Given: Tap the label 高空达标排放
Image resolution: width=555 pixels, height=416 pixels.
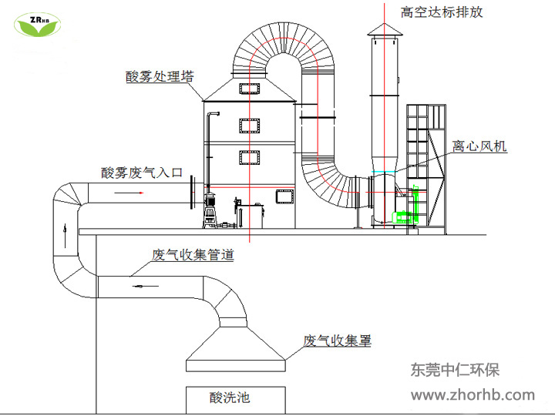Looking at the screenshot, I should click(x=442, y=12).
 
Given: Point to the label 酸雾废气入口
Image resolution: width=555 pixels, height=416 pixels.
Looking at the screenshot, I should click(x=141, y=173).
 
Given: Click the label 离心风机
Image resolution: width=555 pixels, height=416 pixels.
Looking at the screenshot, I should click(x=479, y=146).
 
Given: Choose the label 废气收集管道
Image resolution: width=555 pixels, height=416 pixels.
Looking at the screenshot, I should click(x=193, y=254).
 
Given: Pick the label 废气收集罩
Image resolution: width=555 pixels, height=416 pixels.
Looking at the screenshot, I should click(x=337, y=340).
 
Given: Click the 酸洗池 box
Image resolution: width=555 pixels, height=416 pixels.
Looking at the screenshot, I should click(x=230, y=398).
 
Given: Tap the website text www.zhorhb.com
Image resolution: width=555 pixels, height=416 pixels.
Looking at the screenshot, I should click(x=472, y=395).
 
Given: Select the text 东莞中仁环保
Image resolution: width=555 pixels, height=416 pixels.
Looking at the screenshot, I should click(x=455, y=371).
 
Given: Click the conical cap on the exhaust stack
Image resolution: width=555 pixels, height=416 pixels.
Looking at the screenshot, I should click(x=385, y=29).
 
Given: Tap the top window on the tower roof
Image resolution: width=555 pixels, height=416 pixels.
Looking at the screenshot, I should click(x=251, y=89).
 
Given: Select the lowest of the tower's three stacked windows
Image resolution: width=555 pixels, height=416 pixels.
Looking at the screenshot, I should click(x=251, y=159).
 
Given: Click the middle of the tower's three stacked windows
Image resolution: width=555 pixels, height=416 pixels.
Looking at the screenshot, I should click(x=251, y=126).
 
